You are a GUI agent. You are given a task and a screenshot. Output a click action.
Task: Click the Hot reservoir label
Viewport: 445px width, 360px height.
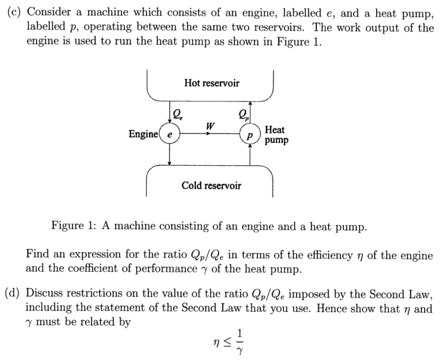click(x=212, y=83)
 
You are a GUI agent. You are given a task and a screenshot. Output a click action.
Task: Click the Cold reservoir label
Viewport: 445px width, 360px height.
click(x=211, y=186)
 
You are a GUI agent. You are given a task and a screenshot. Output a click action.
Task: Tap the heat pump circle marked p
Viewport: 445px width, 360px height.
click(x=249, y=134)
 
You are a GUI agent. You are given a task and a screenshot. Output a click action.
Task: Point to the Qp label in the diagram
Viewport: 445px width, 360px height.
click(x=244, y=114)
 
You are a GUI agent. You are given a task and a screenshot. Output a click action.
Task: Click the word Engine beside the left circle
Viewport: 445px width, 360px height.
click(x=143, y=134)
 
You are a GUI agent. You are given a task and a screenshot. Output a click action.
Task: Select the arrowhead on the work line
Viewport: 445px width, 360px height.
click(x=208, y=134)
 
